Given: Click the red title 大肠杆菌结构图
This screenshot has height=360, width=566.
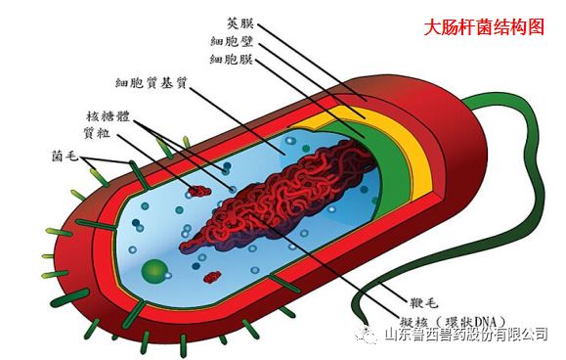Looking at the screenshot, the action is click(x=483, y=28).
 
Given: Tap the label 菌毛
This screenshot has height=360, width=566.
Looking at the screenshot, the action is click(x=65, y=156).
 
